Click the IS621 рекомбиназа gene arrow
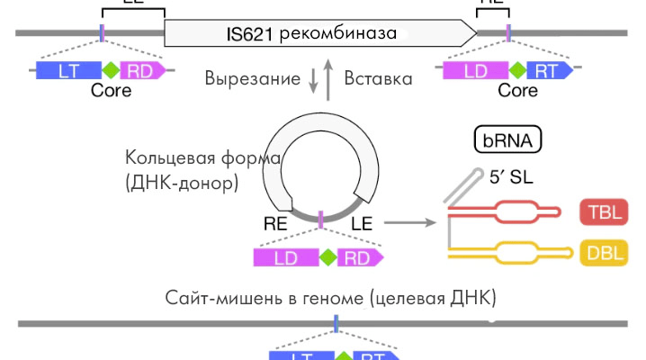319,33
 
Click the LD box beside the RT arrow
476,69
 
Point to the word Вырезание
252,78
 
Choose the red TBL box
604,212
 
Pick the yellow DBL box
604,252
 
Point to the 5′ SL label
510,177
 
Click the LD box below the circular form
285,258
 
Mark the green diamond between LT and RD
110,69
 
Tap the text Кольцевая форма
204,159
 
